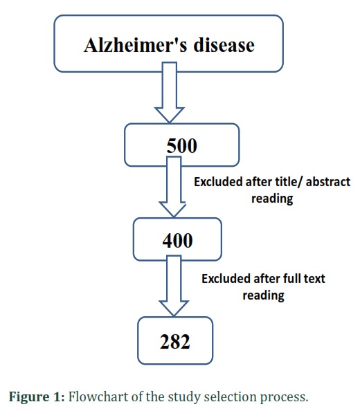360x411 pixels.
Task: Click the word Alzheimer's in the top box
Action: (x=135, y=45)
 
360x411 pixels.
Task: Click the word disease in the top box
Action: (x=224, y=45)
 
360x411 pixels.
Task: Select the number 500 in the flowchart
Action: (x=181, y=146)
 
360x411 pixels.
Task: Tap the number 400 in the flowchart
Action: (x=177, y=240)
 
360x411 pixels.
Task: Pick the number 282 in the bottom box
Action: (x=175, y=342)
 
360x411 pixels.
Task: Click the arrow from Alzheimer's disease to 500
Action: (x=170, y=92)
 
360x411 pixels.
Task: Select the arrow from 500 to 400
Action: (x=173, y=187)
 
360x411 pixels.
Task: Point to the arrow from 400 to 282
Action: (x=174, y=286)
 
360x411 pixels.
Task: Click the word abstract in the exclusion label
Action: (x=328, y=182)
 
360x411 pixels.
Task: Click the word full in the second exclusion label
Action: (x=291, y=278)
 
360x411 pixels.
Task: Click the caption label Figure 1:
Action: (x=37, y=396)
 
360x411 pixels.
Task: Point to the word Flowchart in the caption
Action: (x=98, y=396)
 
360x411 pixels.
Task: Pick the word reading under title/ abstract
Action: (x=272, y=199)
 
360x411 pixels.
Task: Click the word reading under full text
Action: (x=263, y=295)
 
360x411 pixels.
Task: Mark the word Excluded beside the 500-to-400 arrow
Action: (x=218, y=182)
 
